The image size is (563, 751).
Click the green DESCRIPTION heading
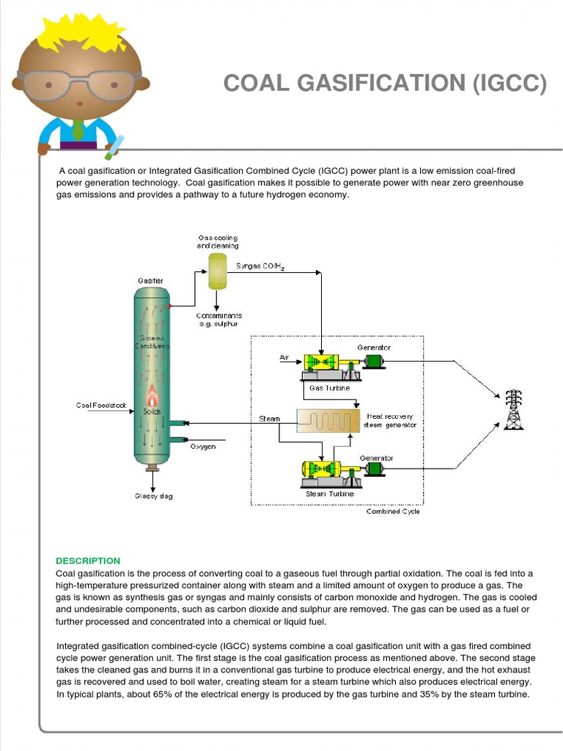pos(88,561)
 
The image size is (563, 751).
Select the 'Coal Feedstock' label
pos(100,406)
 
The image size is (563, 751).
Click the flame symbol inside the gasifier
pos(152,396)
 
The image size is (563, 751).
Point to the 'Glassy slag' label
pos(153,497)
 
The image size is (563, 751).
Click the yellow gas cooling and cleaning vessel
pos(218,271)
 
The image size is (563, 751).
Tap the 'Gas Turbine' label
pos(325,388)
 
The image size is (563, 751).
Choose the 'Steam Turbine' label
pos(329,494)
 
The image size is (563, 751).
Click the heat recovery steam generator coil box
pos(329,420)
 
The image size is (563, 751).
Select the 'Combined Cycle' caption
pos(393,511)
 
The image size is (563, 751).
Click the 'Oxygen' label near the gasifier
pos(203,447)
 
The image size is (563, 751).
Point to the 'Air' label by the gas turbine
pos(284,357)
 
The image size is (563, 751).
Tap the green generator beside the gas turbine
pos(374,360)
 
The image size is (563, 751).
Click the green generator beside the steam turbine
pos(375,469)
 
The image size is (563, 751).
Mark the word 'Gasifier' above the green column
pos(150,281)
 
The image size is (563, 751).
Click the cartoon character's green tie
pos(78,131)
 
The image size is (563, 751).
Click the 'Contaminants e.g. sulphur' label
pos(219,319)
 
